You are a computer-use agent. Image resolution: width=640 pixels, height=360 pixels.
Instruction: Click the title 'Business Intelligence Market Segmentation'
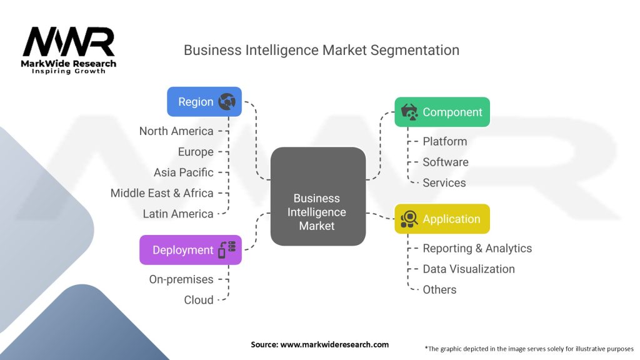tap(321, 50)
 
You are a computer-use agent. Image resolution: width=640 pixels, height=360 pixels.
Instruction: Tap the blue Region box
tap(204, 102)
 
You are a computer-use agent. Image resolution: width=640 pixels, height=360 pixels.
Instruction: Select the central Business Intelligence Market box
tap(317, 196)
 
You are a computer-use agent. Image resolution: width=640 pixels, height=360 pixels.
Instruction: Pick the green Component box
tap(442, 112)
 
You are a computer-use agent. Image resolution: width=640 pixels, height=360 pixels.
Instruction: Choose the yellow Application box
tap(442, 219)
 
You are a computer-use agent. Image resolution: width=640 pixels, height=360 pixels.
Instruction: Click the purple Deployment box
tap(190, 250)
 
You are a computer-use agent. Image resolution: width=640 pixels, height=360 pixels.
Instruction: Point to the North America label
tap(176, 131)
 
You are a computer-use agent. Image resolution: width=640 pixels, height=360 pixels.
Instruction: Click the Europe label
tap(196, 152)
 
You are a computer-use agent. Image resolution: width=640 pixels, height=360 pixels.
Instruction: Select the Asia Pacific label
tap(184, 172)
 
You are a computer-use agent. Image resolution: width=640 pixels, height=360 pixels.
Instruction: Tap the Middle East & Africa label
tap(162, 193)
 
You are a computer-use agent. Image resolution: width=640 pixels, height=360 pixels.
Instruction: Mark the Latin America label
tap(178, 214)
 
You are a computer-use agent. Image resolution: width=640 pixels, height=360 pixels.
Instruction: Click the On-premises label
tap(181, 279)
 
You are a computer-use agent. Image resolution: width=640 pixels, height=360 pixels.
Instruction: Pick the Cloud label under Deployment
tap(199, 300)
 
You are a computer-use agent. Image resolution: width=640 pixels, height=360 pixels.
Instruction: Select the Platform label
tap(445, 141)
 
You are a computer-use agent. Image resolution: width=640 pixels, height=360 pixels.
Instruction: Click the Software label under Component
tap(446, 162)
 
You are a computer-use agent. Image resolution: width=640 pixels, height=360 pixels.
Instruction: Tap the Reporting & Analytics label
tap(477, 248)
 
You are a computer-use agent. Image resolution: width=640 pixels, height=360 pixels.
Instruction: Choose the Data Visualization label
tap(469, 269)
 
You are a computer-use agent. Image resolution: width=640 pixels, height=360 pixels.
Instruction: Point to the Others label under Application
tap(439, 289)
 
